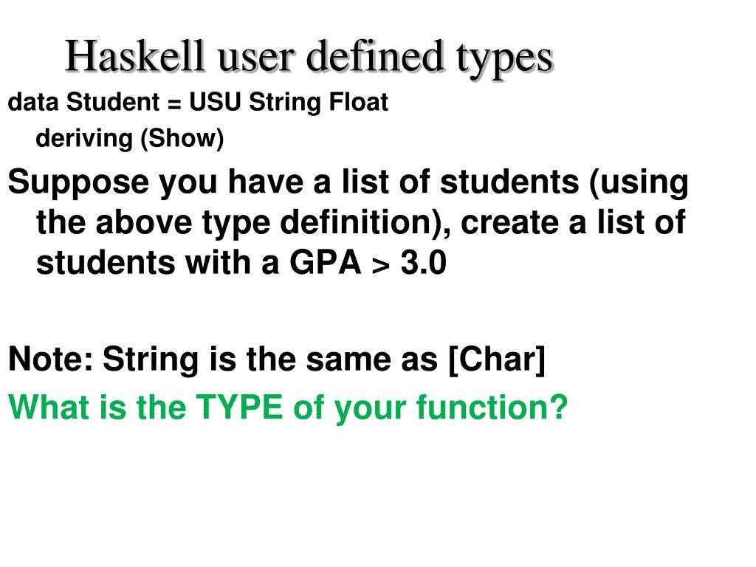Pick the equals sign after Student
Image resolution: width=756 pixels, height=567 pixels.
[173, 103]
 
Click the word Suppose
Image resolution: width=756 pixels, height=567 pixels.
[78, 182]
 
